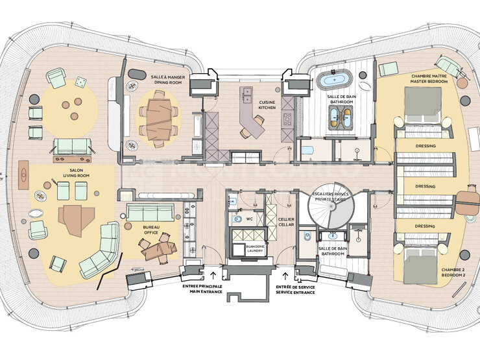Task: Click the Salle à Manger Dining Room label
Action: pos(166,80)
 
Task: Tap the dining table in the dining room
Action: pos(159,119)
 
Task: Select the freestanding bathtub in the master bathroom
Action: pos(334,80)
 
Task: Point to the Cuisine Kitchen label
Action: pos(267,105)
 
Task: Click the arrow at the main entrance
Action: pos(213,274)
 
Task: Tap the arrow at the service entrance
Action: pos(285,276)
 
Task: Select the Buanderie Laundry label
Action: pos(255,248)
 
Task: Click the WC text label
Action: pos(250,219)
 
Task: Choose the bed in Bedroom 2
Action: pos(420,266)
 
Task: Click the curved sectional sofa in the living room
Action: pos(99,250)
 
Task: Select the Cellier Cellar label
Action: pos(286,222)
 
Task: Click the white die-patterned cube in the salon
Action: pos(80,82)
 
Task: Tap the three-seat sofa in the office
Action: pos(150,213)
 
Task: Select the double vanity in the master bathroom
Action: pos(341,117)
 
